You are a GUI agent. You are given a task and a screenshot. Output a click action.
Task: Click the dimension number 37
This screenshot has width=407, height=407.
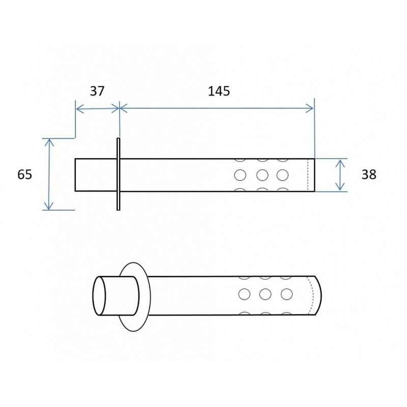tap(97, 91)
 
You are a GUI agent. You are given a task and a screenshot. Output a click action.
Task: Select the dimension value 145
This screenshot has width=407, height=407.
tap(219, 91)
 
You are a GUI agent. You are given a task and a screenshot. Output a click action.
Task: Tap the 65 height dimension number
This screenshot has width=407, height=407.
tap(24, 174)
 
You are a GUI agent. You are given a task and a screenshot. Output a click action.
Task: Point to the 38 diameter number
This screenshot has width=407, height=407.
tap(368, 174)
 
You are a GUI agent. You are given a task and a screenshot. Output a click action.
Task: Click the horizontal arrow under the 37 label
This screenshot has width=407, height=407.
tap(97, 107)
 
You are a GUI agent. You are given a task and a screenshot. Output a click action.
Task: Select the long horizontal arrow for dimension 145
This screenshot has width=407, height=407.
tap(217, 107)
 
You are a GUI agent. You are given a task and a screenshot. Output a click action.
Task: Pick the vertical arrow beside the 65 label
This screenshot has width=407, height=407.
tap(49, 174)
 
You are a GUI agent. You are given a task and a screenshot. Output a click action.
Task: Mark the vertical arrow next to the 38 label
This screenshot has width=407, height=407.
tap(340, 175)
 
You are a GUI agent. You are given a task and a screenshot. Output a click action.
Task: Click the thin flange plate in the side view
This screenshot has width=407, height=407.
tap(118, 174)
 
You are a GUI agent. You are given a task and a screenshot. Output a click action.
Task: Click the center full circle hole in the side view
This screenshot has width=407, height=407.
tap(263, 175)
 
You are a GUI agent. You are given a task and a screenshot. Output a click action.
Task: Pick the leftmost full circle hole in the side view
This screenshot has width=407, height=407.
tap(240, 175)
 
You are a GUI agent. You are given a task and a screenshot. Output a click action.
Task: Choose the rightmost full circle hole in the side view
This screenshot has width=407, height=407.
tap(283, 175)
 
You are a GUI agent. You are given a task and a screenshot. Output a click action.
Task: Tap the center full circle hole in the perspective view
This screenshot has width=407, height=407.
tap(265, 294)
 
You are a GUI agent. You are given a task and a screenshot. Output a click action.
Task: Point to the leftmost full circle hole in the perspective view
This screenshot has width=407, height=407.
tap(245, 294)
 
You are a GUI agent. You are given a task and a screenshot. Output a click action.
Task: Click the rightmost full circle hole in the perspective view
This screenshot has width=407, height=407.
tap(286, 294)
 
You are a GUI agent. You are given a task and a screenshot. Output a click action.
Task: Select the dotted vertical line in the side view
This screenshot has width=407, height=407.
tap(308, 175)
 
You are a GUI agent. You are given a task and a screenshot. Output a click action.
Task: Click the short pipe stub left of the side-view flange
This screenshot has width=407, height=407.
tap(96, 175)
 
